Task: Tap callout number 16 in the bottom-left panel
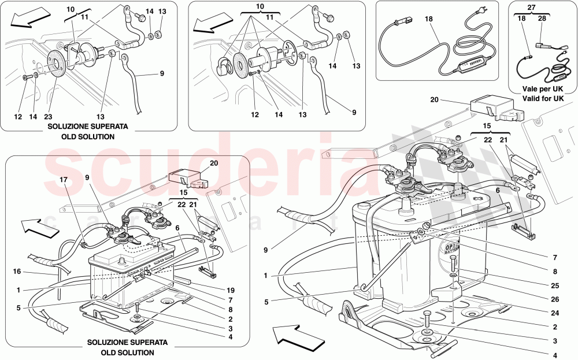[x=17, y=270]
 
